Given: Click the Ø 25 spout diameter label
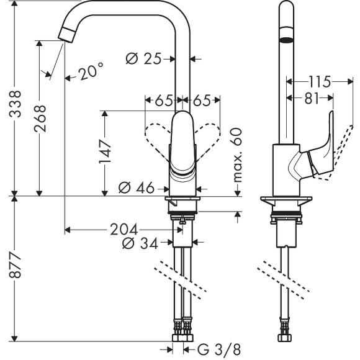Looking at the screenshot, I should point(143,59).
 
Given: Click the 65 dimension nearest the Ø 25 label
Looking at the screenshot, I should point(163,99).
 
